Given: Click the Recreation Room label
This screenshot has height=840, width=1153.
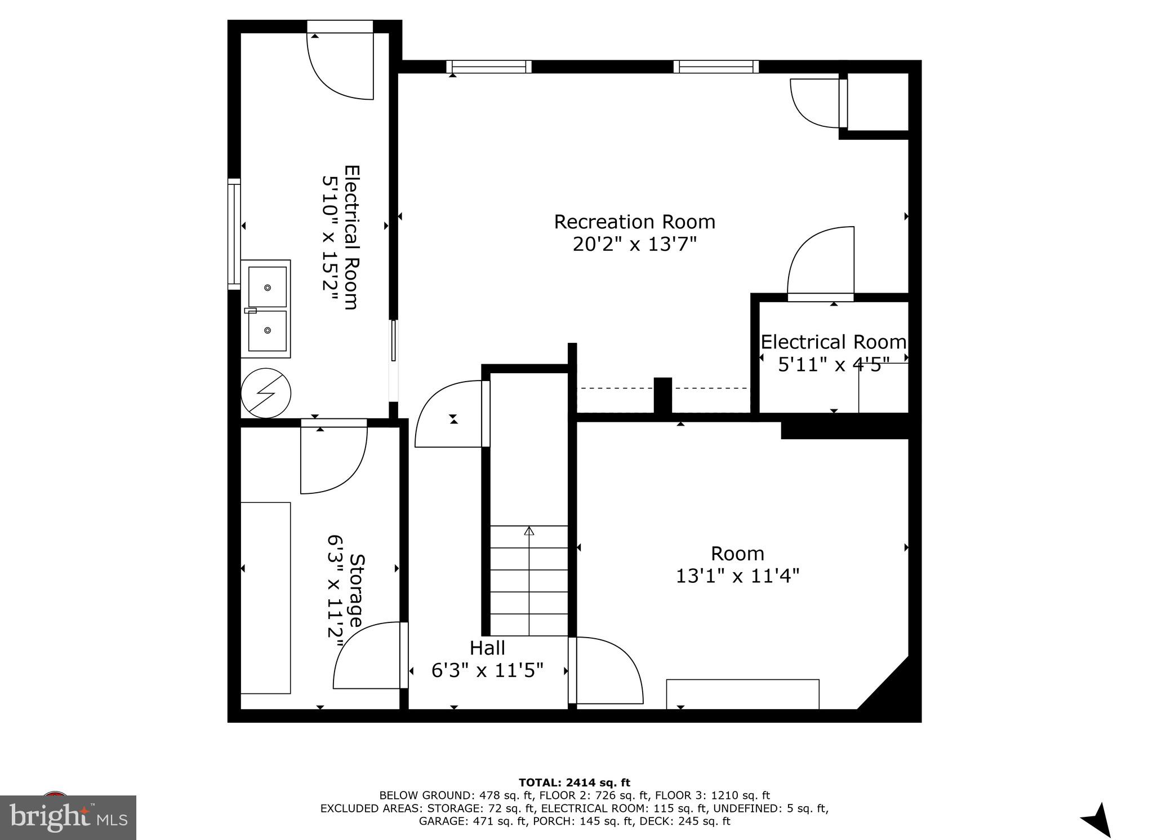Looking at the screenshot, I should point(634,222).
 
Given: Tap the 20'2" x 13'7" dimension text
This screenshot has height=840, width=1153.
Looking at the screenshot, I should point(634,245).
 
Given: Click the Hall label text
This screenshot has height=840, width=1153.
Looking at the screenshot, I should point(487,648).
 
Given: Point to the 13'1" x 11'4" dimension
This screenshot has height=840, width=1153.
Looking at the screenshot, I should point(737,576).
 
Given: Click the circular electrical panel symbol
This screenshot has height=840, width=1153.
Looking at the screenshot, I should point(266,393).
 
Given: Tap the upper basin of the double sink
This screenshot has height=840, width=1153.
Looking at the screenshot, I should point(268,287).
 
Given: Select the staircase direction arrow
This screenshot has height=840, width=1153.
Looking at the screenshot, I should point(529,531).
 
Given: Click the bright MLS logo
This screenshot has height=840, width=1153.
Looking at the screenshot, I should point(68,817).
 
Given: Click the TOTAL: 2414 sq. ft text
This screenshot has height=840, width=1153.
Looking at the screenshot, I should point(574,782).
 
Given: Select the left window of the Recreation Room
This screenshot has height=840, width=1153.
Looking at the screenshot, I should point(489,67).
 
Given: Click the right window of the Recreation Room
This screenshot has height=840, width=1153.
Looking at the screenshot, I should point(716,67).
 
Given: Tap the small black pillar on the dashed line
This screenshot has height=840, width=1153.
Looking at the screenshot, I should point(663,396).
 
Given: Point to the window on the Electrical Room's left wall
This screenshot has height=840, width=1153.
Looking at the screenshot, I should point(234,234).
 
